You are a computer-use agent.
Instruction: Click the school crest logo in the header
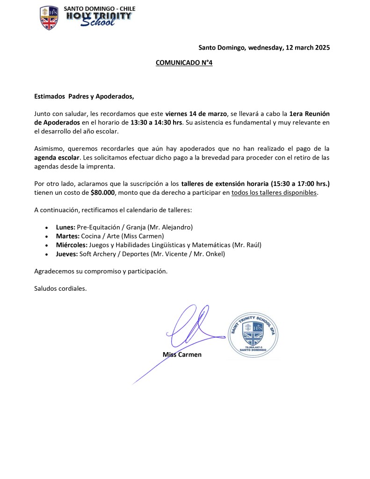coord(49,18)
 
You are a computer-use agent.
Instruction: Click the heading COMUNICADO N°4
coord(184,63)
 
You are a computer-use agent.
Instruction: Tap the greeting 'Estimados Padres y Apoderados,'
coord(84,96)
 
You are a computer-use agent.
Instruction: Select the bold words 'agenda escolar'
coord(57,157)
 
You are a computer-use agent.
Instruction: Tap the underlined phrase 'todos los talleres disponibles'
coord(274,192)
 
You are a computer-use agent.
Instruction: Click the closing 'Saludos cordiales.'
coord(60,288)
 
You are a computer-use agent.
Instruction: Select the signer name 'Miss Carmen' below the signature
coord(182,354)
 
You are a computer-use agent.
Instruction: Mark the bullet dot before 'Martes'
coord(46,236)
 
